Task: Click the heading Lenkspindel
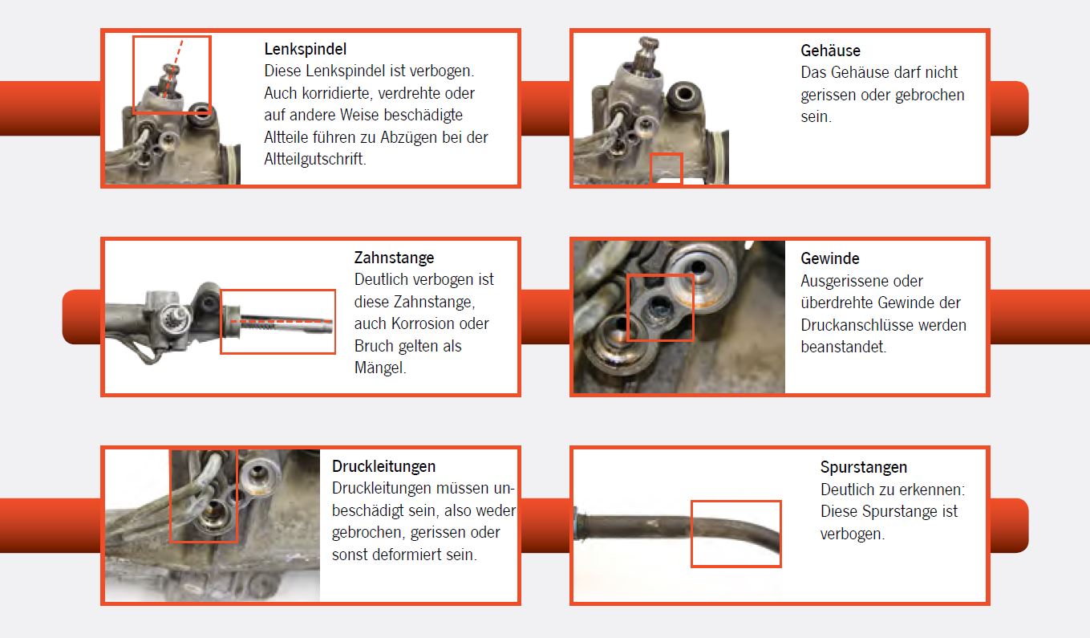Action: click(305, 50)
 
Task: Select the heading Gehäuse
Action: click(830, 51)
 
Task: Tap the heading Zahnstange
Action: click(394, 258)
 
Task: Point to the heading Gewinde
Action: click(829, 258)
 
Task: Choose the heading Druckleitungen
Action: click(383, 466)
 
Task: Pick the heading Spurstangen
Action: click(863, 467)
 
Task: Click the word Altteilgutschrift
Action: click(314, 159)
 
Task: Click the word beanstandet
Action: click(843, 347)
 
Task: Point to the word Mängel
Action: click(380, 368)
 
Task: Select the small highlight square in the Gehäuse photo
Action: click(665, 169)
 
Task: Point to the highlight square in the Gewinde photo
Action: click(659, 307)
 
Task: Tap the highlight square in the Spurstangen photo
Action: click(735, 534)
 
